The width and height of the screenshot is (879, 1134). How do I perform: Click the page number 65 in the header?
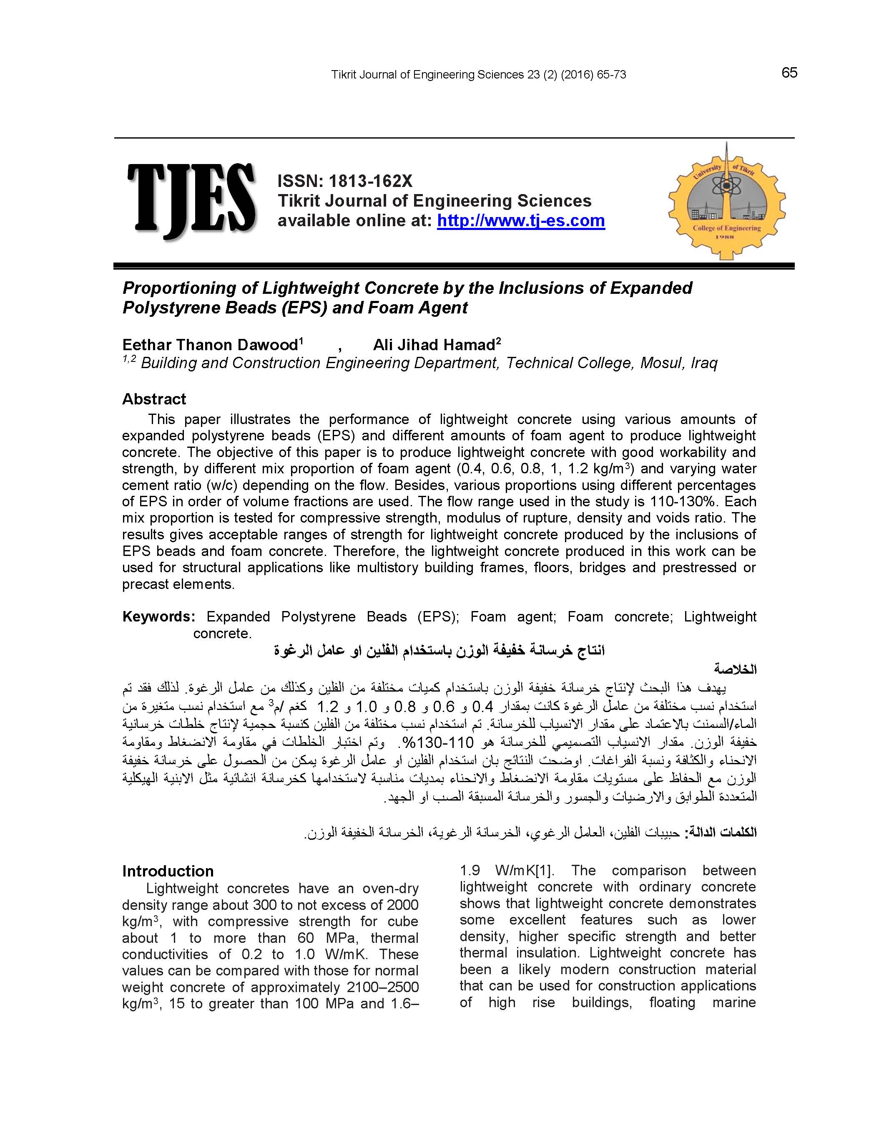(789, 73)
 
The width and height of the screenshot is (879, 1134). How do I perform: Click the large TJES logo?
(191, 200)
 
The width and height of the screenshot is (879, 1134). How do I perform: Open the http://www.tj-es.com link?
(520, 221)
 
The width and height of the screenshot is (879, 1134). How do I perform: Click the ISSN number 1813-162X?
(370, 181)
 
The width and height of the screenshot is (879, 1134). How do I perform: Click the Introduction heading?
(168, 871)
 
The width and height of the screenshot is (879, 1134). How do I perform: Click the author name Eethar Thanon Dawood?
(210, 345)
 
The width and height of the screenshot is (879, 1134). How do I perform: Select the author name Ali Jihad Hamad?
(433, 345)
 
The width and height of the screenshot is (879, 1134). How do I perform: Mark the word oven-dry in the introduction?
(390, 889)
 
